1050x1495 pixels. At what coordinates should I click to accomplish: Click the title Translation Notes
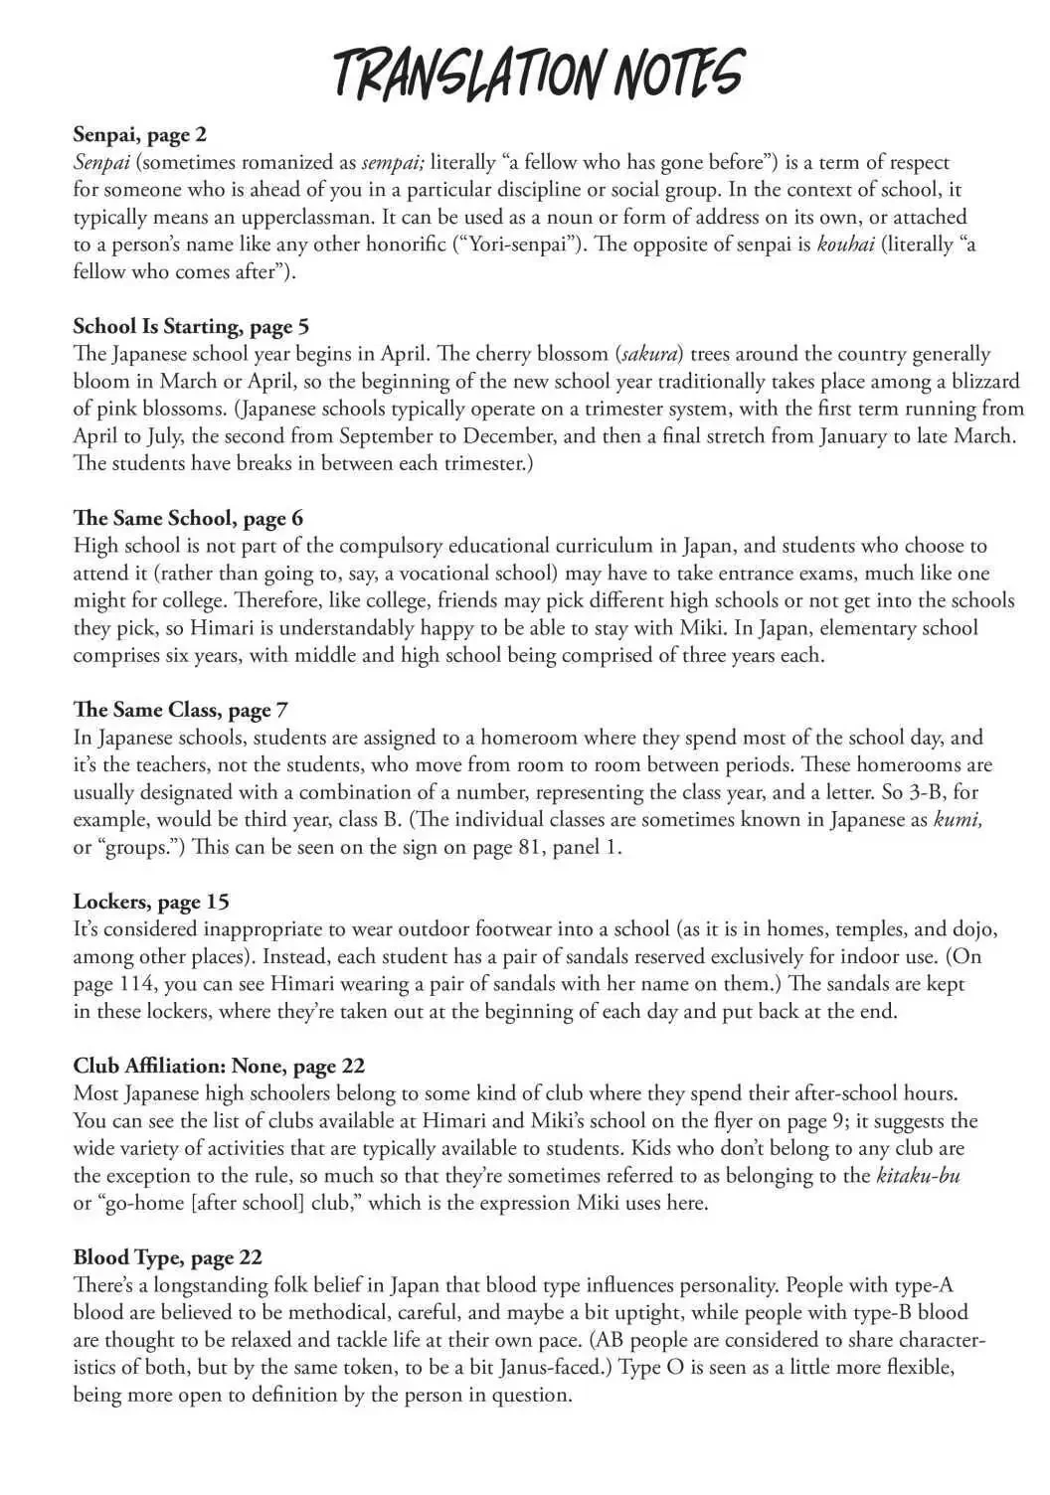point(537,73)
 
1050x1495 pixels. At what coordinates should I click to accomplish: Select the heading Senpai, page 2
point(139,134)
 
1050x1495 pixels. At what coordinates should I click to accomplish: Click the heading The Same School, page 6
point(188,518)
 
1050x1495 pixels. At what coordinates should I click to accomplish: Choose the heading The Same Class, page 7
point(181,710)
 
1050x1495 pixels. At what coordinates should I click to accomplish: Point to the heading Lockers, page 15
point(151,902)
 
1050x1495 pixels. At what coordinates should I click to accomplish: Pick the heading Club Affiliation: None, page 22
point(219,1066)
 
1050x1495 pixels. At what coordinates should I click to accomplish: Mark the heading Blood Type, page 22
point(167,1257)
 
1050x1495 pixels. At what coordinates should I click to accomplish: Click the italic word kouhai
point(845,244)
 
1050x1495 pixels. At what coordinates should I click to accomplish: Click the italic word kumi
point(958,820)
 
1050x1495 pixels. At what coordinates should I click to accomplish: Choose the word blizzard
point(980,381)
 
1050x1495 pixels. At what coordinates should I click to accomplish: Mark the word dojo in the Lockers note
point(971,929)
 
